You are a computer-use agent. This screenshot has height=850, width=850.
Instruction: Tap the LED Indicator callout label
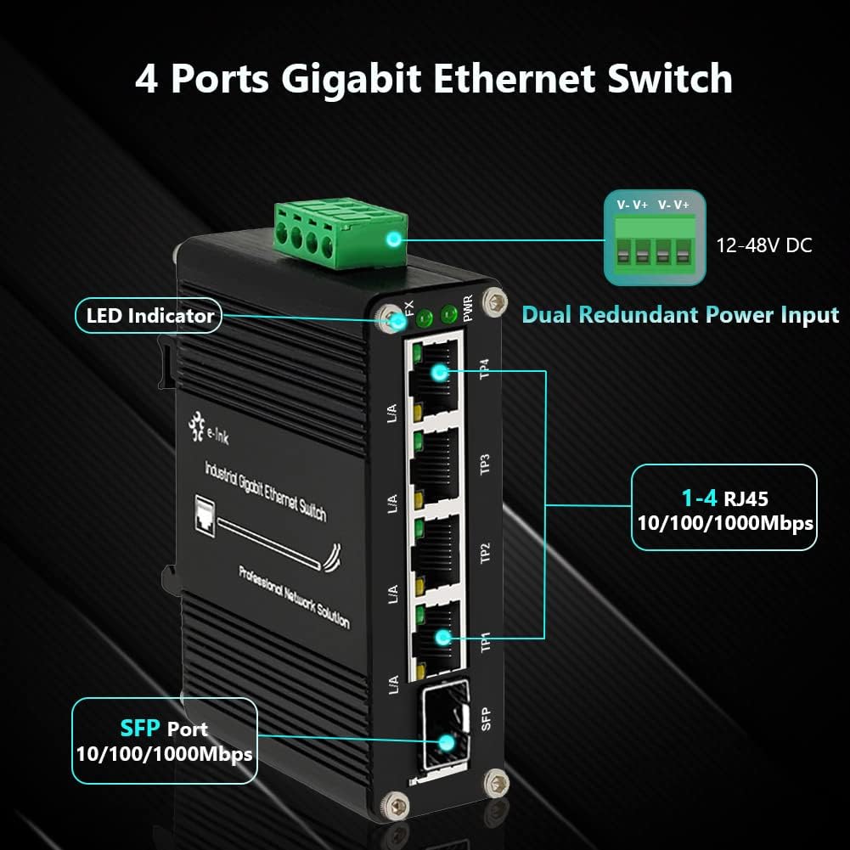pyautogui.click(x=149, y=316)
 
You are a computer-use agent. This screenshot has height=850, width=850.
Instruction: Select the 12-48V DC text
pyautogui.click(x=763, y=245)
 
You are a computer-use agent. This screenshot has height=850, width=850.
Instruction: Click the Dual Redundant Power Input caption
pyautogui.click(x=679, y=314)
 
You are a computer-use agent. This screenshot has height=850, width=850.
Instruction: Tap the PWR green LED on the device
pyautogui.click(x=450, y=318)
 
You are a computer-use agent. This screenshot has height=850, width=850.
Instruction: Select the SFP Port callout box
pyautogui.click(x=164, y=740)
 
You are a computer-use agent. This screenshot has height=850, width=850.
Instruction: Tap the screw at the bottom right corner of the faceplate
pyautogui.click(x=492, y=782)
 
